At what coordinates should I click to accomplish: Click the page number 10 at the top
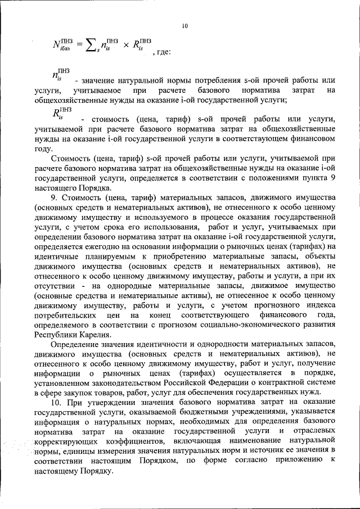tap(185, 26)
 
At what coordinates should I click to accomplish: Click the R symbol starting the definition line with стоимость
tap(57, 114)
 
